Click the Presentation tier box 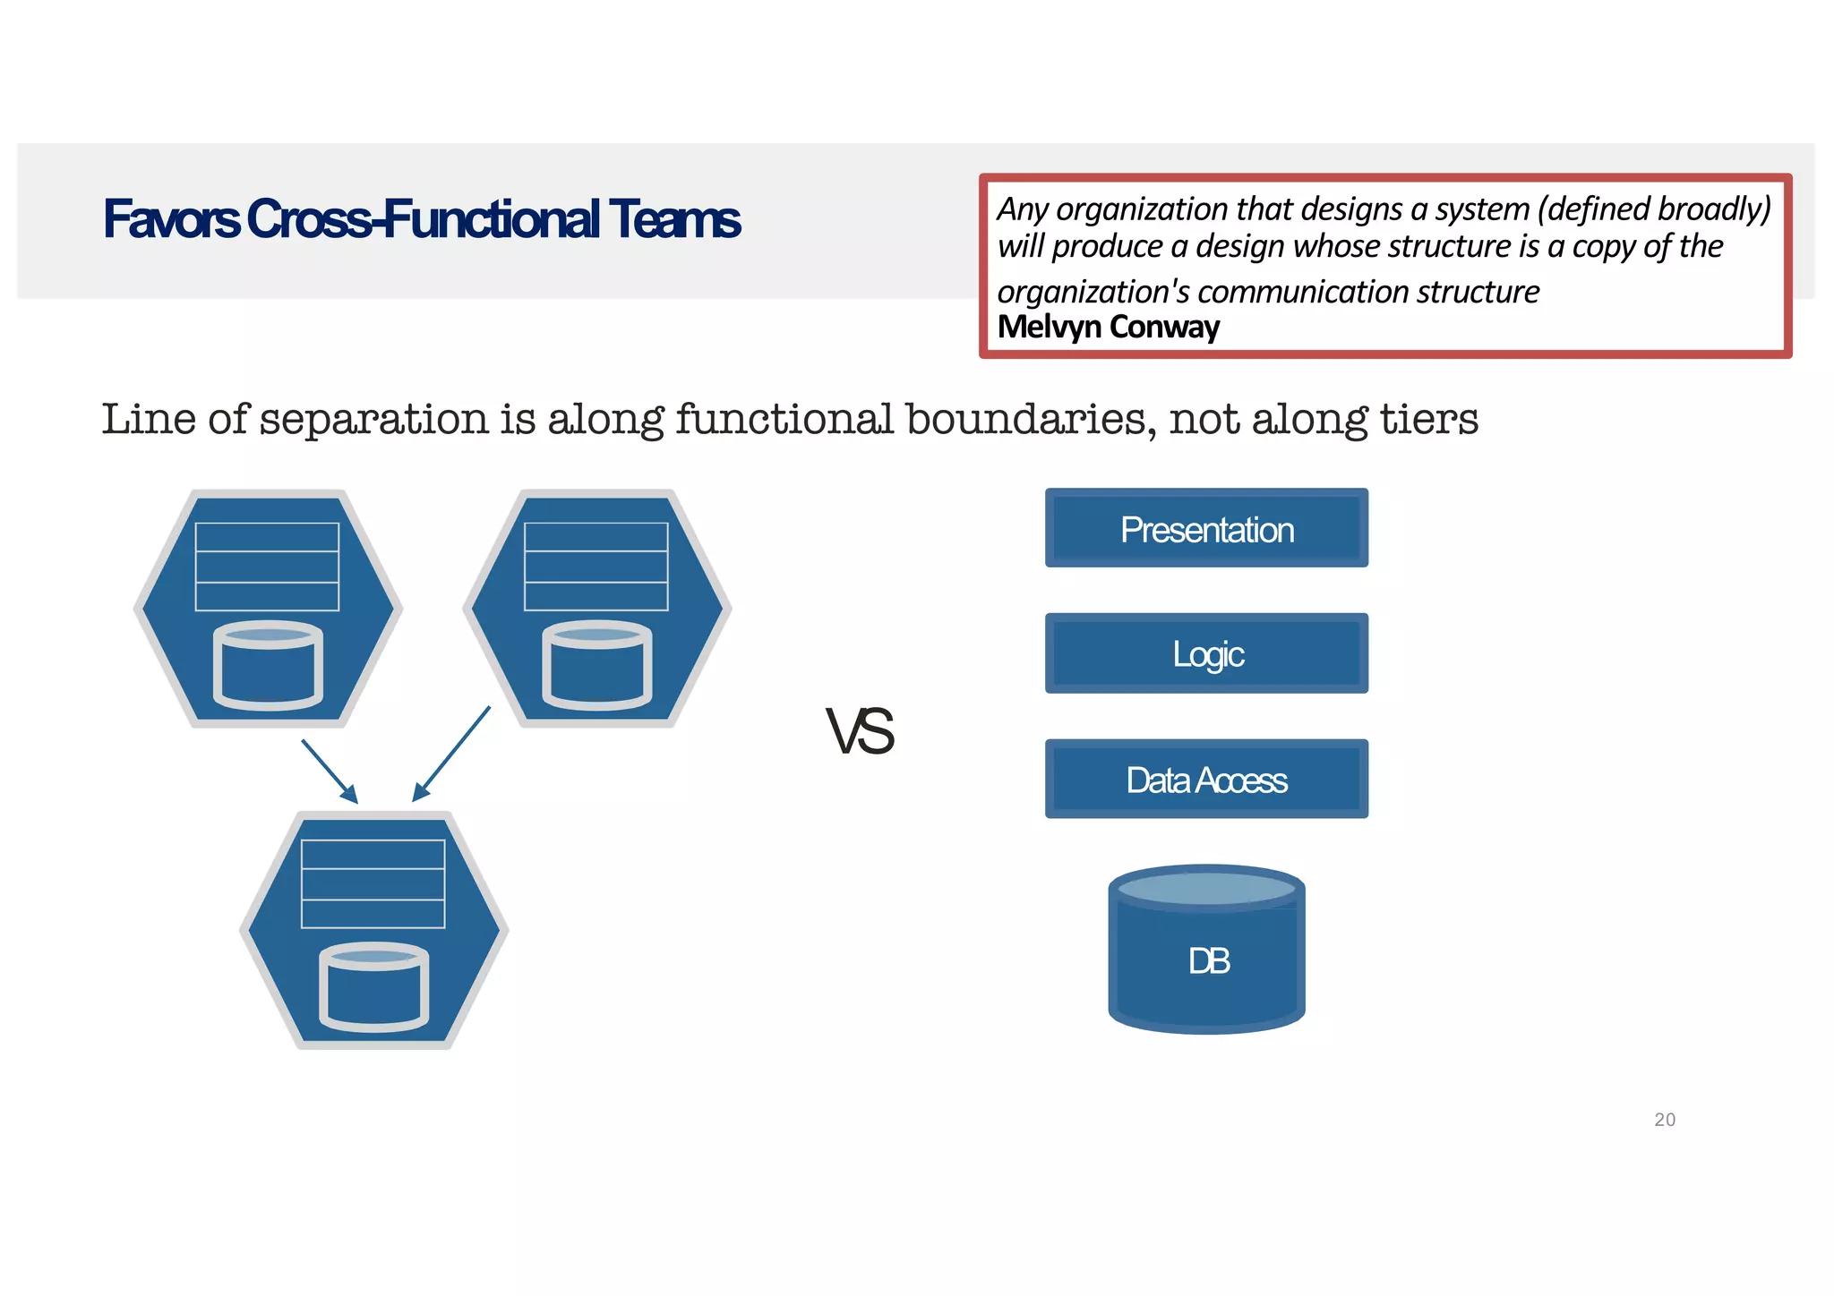(1206, 528)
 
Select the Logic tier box (1206, 653)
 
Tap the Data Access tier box (1206, 779)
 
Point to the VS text (860, 731)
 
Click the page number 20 (1664, 1120)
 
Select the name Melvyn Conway (1108, 327)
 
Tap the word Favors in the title (171, 219)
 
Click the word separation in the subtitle (375, 419)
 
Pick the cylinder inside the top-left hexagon (268, 664)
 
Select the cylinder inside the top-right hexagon (597, 664)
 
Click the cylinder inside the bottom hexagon (374, 986)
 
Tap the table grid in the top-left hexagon (267, 567)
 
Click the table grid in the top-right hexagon (596, 567)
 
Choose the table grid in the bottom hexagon (373, 883)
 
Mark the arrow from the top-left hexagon (330, 771)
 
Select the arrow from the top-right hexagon (451, 754)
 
